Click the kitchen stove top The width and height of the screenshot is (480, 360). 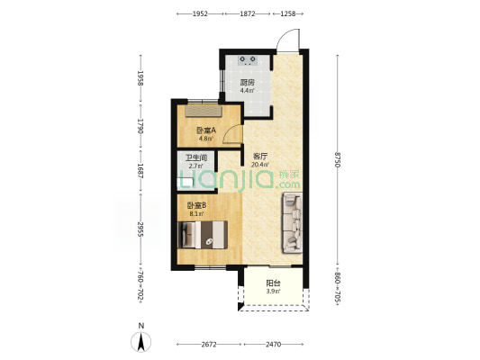click(248, 60)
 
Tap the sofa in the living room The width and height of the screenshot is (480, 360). click(293, 222)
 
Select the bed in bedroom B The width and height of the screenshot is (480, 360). click(203, 235)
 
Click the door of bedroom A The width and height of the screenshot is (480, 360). click(233, 135)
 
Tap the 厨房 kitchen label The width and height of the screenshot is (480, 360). click(248, 82)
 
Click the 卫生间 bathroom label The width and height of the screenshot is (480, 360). click(196, 157)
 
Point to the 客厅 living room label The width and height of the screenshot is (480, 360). click(260, 157)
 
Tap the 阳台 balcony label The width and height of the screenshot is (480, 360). click(273, 283)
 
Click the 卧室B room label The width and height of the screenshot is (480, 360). click(196, 205)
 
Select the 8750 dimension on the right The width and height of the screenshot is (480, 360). click(338, 159)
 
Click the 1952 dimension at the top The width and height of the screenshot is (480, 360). click(200, 13)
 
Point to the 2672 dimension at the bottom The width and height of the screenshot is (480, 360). click(209, 345)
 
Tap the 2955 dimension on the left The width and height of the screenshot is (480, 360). click(140, 229)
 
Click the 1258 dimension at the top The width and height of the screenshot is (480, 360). click(288, 13)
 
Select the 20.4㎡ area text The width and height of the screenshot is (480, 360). click(260, 165)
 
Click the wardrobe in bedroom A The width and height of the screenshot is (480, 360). click(203, 111)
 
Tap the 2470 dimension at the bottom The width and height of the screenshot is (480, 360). click(273, 345)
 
